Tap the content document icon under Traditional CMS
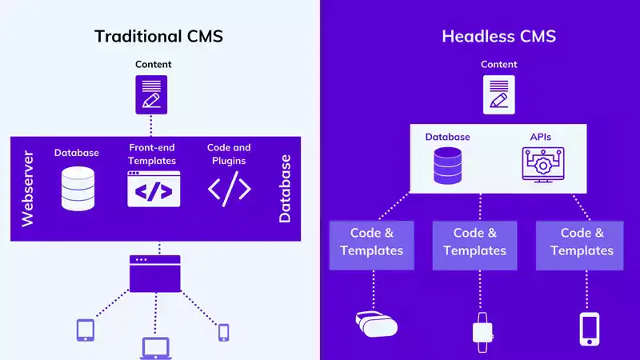click(151, 94)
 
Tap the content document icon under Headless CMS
click(498, 94)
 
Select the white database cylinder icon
click(78, 188)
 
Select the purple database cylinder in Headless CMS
click(447, 165)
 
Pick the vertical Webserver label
click(28, 189)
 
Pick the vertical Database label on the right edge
click(285, 189)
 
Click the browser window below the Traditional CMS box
click(155, 273)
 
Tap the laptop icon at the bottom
click(156, 346)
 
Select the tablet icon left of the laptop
click(86, 330)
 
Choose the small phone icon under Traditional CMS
click(223, 331)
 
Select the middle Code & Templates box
click(474, 242)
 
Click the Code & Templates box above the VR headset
click(371, 242)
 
